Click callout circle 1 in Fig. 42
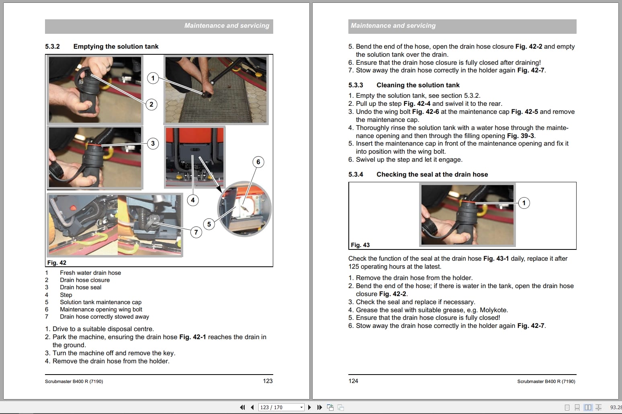tap(153, 78)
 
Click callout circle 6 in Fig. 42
tap(258, 162)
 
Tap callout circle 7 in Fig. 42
tap(196, 232)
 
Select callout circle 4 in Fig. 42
tap(192, 200)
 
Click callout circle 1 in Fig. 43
tap(524, 203)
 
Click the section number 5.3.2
tap(52, 47)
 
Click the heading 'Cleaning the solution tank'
tap(418, 85)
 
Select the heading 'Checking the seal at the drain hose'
tap(432, 175)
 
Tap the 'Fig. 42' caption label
tap(57, 263)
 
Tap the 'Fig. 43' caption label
tap(360, 245)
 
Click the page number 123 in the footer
tap(268, 381)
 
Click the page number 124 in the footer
tap(353, 381)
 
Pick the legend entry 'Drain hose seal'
tap(80, 287)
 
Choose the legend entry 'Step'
tap(66, 295)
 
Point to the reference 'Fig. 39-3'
tap(520, 136)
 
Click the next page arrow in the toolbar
tap(309, 408)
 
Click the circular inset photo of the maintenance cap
tap(244, 209)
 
